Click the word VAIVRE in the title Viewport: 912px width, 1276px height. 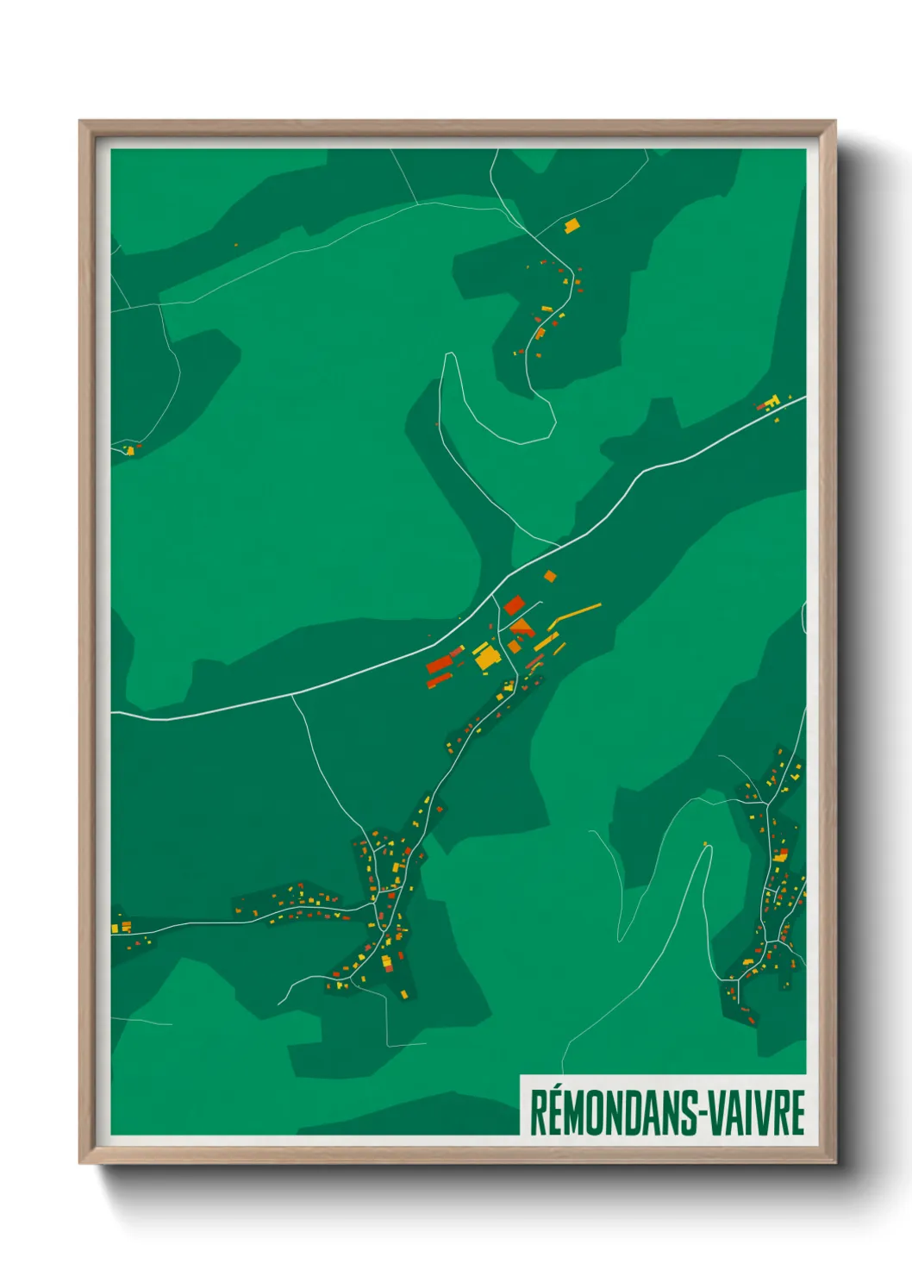[x=759, y=1112]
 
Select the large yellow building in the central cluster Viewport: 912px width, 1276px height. [x=487, y=657]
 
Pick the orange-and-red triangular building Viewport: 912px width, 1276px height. [x=522, y=626]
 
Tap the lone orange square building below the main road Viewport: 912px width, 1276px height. [x=550, y=576]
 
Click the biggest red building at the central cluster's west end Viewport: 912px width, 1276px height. [x=439, y=664]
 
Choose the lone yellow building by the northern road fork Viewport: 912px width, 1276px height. [x=571, y=226]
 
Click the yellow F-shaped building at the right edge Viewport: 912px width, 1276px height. [x=772, y=401]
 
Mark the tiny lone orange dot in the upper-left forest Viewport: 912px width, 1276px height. [x=235, y=244]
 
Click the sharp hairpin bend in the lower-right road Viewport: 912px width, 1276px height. [x=709, y=848]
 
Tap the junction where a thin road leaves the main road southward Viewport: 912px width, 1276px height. [x=292, y=695]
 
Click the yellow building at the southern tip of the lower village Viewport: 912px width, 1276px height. [x=403, y=995]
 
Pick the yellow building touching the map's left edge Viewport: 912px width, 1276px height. [x=115, y=928]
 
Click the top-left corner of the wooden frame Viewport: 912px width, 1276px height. [x=81, y=122]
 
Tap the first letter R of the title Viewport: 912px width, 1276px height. [x=537, y=1113]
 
